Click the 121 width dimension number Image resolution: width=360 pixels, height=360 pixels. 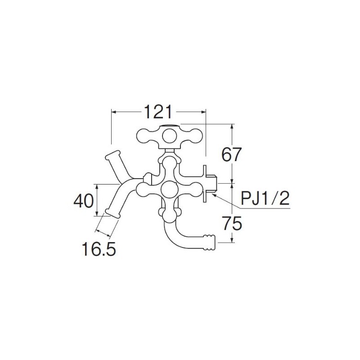(158, 112)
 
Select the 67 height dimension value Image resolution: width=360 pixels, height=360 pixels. (232, 154)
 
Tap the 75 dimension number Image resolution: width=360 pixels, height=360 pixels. (232, 224)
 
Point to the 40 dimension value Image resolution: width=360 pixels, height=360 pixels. (84, 201)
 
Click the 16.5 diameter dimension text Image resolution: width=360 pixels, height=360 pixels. (99, 249)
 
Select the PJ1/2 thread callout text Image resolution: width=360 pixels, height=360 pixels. (265, 198)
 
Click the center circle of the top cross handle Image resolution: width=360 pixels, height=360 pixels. (170, 136)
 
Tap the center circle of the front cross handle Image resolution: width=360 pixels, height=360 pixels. (170, 189)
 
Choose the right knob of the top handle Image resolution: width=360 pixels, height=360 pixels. (196, 136)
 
